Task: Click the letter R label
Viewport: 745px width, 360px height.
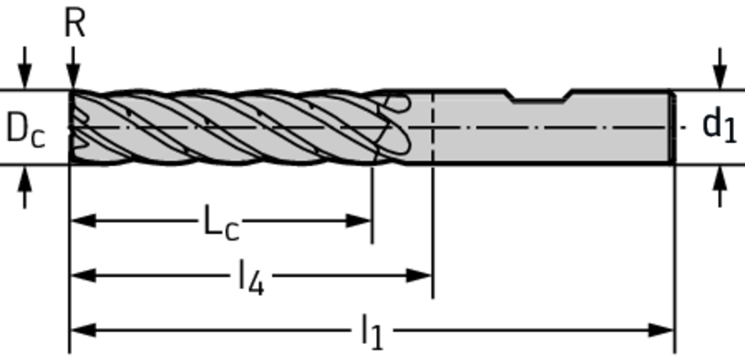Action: [x=75, y=24]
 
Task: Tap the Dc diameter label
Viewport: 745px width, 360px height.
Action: [x=25, y=129]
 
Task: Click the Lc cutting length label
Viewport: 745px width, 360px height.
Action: [x=221, y=223]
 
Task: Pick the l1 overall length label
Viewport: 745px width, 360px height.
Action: [x=372, y=333]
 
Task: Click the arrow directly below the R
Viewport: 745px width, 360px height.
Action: [x=73, y=68]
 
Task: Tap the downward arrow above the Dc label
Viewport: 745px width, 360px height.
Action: [x=25, y=68]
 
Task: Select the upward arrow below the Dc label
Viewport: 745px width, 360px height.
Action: [x=25, y=187]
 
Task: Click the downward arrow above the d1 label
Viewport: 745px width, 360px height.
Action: [x=720, y=68]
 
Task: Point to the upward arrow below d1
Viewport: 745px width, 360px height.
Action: [x=720, y=187]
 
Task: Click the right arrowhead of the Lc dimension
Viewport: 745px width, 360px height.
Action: [x=359, y=221]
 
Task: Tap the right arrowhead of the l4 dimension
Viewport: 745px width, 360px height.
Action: [x=419, y=276]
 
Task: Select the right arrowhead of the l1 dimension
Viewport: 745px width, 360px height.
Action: [x=661, y=331]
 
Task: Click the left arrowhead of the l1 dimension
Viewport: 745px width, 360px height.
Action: [x=83, y=331]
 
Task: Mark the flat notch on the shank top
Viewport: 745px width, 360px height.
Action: [x=539, y=95]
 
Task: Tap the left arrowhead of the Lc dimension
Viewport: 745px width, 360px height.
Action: [x=83, y=221]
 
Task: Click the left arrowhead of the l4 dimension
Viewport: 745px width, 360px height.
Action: [x=83, y=276]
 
